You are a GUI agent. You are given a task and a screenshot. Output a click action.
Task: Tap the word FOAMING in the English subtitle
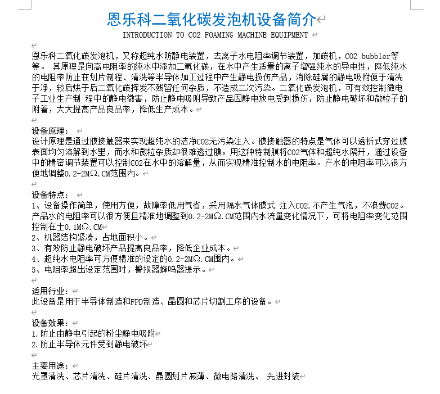coord(221,35)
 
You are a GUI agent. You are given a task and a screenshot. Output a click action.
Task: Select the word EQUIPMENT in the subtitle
coord(286,35)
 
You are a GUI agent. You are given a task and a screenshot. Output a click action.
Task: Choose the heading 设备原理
coord(49,131)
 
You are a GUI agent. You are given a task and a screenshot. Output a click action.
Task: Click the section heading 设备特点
coord(49,195)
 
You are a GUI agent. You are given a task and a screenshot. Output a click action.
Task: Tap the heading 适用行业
coord(49,291)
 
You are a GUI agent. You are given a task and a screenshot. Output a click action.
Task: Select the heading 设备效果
coord(49,323)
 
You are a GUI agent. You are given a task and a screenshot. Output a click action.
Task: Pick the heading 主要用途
coord(49,366)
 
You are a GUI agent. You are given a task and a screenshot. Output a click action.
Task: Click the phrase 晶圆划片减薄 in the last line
coord(181,376)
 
